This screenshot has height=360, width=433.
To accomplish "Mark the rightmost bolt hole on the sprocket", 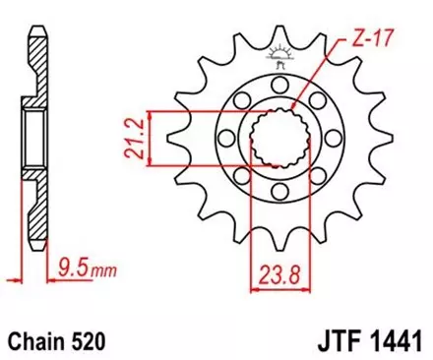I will (x=320, y=150).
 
